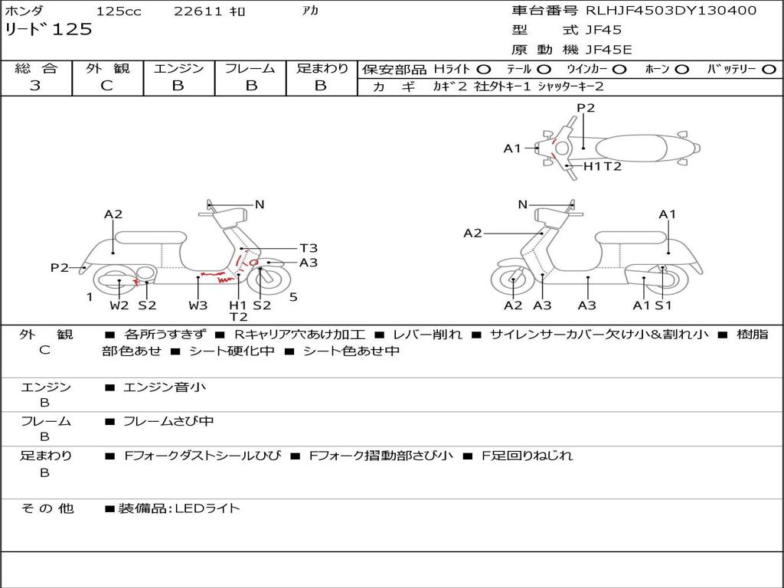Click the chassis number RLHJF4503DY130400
click(x=671, y=10)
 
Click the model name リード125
click(x=48, y=29)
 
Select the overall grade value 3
click(x=35, y=86)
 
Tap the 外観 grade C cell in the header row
click(x=106, y=86)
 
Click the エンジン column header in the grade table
click(x=178, y=68)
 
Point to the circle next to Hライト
click(x=484, y=70)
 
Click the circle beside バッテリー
click(x=769, y=70)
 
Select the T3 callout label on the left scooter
click(x=309, y=248)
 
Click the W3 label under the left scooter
click(x=198, y=305)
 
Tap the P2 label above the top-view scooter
click(x=586, y=108)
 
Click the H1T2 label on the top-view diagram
click(x=603, y=166)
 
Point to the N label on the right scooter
click(x=522, y=204)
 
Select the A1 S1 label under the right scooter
click(x=652, y=305)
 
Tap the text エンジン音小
click(x=164, y=387)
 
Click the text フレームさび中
click(x=168, y=422)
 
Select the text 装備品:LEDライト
click(x=179, y=508)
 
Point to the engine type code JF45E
click(x=609, y=50)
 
